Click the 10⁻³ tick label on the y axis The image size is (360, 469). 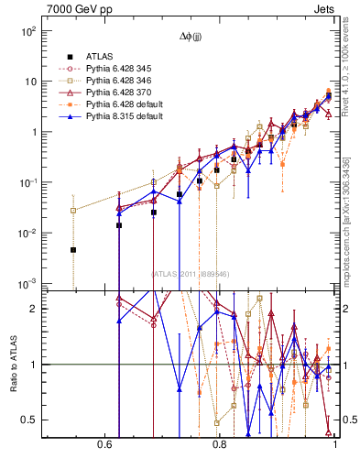click(x=28, y=283)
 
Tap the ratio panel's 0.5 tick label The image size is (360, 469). click(x=31, y=420)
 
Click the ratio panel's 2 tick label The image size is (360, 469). click(x=35, y=309)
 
